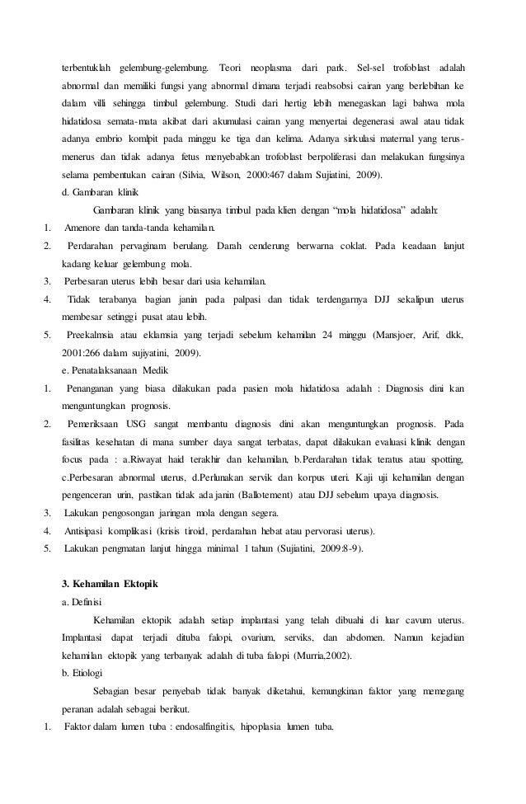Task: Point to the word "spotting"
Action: pos(445,459)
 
